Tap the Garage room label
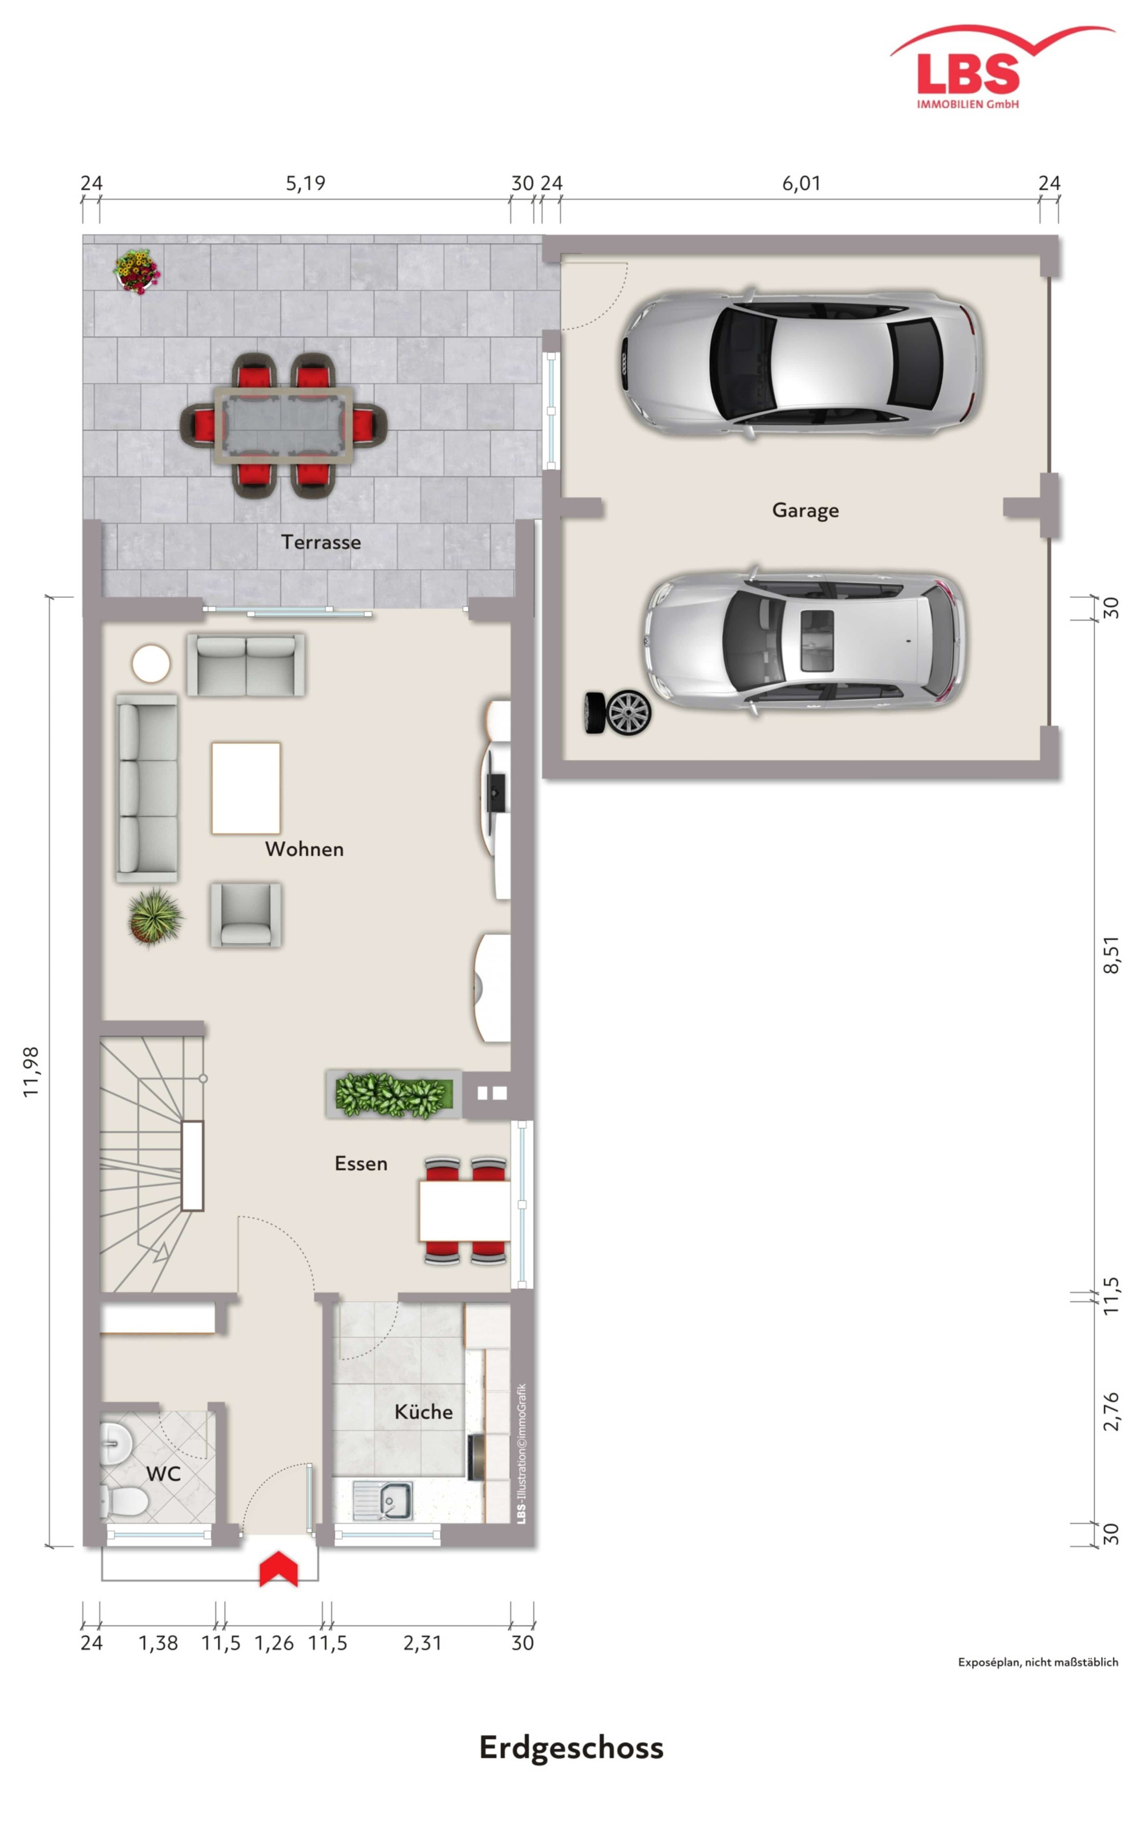[805, 511]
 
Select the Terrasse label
[321, 542]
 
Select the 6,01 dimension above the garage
[800, 183]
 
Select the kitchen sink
[383, 1501]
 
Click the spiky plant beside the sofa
[155, 916]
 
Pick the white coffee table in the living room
[246, 788]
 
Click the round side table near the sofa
[151, 664]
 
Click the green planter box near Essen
[393, 1093]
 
